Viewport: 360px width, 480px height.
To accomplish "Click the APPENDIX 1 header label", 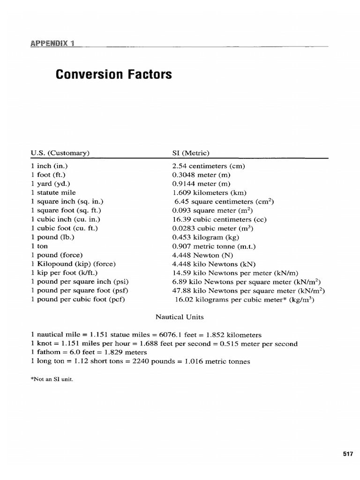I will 53,44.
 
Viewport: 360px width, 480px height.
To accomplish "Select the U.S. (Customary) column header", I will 60,152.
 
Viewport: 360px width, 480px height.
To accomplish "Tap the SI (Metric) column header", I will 191,152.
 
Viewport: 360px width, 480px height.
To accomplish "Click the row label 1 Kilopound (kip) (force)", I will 73,263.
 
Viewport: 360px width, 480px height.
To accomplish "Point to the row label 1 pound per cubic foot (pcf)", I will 78,299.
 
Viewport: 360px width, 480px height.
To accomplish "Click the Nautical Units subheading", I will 180,317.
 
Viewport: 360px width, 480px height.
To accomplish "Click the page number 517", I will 347,453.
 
